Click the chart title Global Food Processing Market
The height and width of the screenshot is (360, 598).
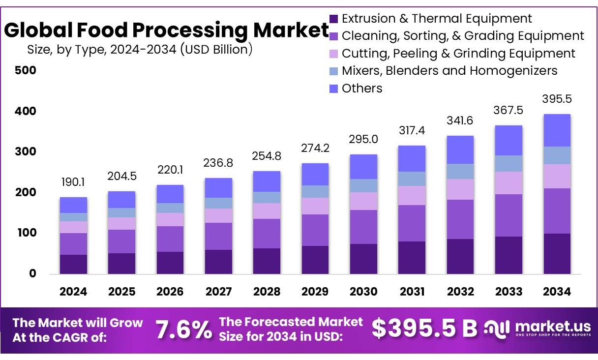[166, 30]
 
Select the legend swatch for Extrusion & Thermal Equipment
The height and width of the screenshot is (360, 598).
[334, 19]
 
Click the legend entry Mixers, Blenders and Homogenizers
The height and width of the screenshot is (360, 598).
[449, 71]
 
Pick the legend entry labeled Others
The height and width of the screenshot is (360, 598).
[362, 89]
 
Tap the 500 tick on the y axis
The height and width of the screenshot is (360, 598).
[26, 70]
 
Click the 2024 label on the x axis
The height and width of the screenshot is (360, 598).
[73, 292]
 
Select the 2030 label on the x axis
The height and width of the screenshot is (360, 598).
[363, 292]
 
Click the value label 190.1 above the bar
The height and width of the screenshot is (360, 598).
[73, 182]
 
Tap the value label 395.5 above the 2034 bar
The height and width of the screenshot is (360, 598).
[557, 99]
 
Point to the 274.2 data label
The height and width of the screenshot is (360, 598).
[315, 148]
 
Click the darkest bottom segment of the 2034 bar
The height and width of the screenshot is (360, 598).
[557, 253]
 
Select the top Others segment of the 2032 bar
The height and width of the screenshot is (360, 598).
[460, 150]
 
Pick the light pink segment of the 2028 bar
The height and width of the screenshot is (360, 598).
[267, 211]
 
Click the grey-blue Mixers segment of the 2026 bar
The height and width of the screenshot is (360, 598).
[170, 208]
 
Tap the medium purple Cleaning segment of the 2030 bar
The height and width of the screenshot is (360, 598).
[363, 227]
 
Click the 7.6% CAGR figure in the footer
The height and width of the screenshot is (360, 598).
[184, 329]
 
